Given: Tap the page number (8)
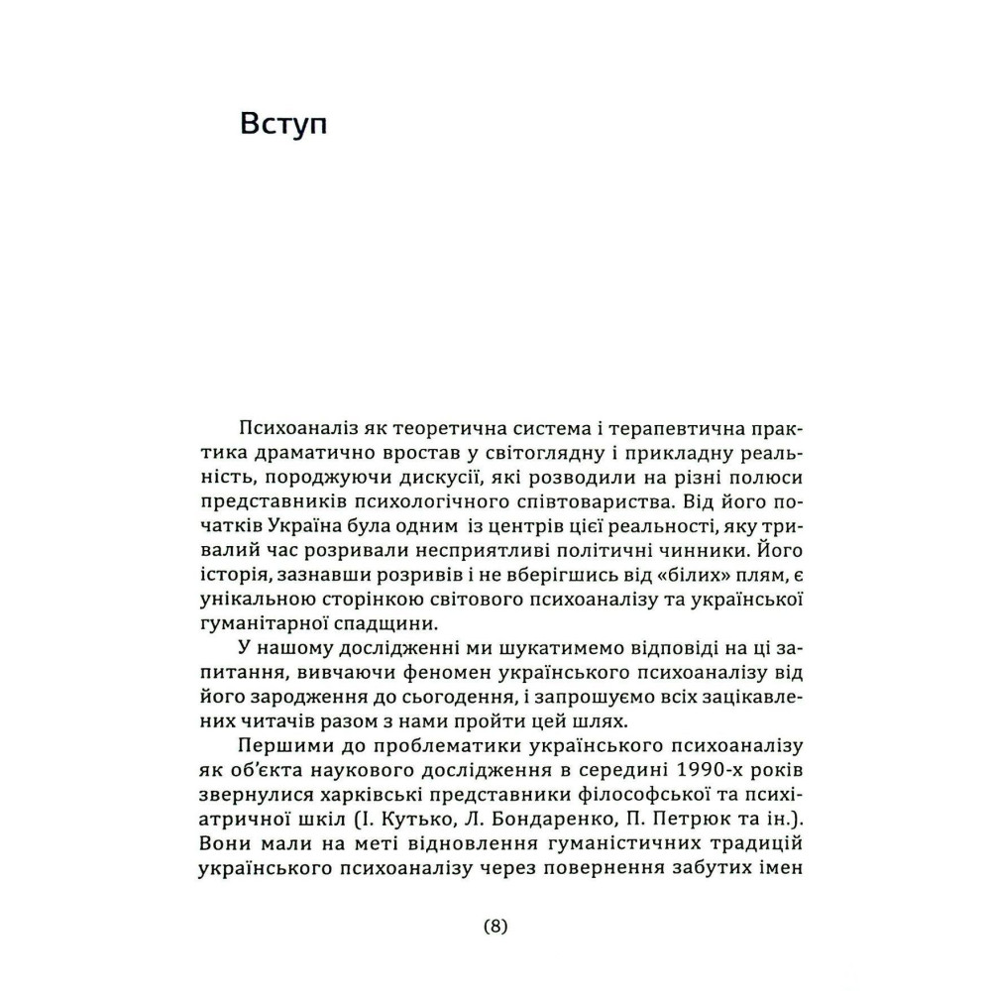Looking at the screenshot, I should click(x=495, y=928).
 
